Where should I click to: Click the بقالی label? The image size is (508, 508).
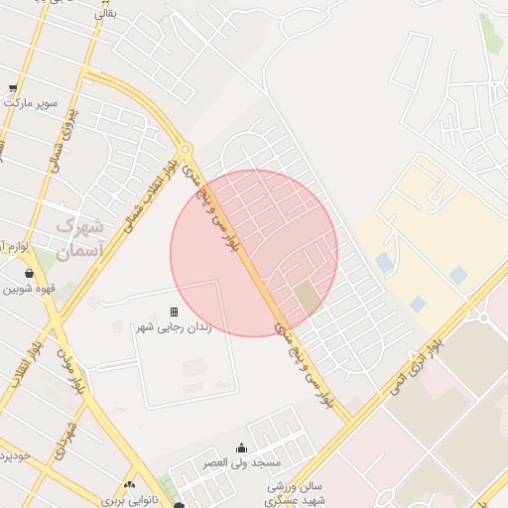tap(104, 14)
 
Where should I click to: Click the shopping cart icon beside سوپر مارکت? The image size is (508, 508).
tap(13, 88)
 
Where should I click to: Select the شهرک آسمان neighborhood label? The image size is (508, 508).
tap(80, 239)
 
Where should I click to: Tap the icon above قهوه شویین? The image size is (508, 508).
tap(28, 273)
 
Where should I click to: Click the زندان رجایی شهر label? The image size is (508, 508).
tap(174, 327)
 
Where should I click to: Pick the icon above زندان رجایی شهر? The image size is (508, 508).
tap(174, 312)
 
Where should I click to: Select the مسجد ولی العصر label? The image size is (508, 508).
tap(241, 463)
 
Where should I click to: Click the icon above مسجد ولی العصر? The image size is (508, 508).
tap(241, 447)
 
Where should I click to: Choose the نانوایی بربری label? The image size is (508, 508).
tap(130, 501)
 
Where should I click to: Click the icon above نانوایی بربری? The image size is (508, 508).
tap(129, 485)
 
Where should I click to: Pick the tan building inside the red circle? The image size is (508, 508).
tap(309, 297)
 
